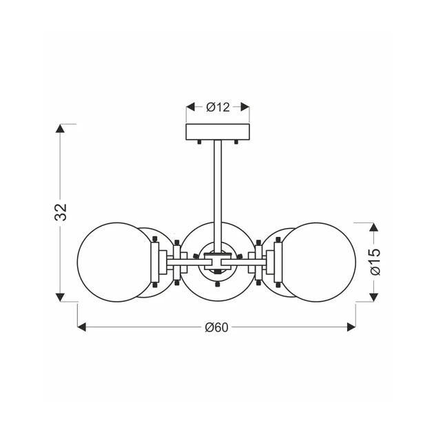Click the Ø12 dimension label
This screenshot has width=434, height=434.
click(218, 107)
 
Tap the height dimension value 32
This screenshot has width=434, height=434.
click(62, 212)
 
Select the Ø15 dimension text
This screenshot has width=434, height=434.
click(374, 262)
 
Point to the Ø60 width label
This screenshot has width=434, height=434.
click(216, 327)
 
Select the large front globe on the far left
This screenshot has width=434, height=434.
click(114, 262)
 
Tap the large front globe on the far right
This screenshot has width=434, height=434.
click(320, 262)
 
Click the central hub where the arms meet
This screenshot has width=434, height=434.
click(218, 262)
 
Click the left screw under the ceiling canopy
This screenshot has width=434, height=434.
click(199, 143)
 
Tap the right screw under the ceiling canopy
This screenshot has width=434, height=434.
click(236, 143)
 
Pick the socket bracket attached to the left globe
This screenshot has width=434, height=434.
click(155, 262)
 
